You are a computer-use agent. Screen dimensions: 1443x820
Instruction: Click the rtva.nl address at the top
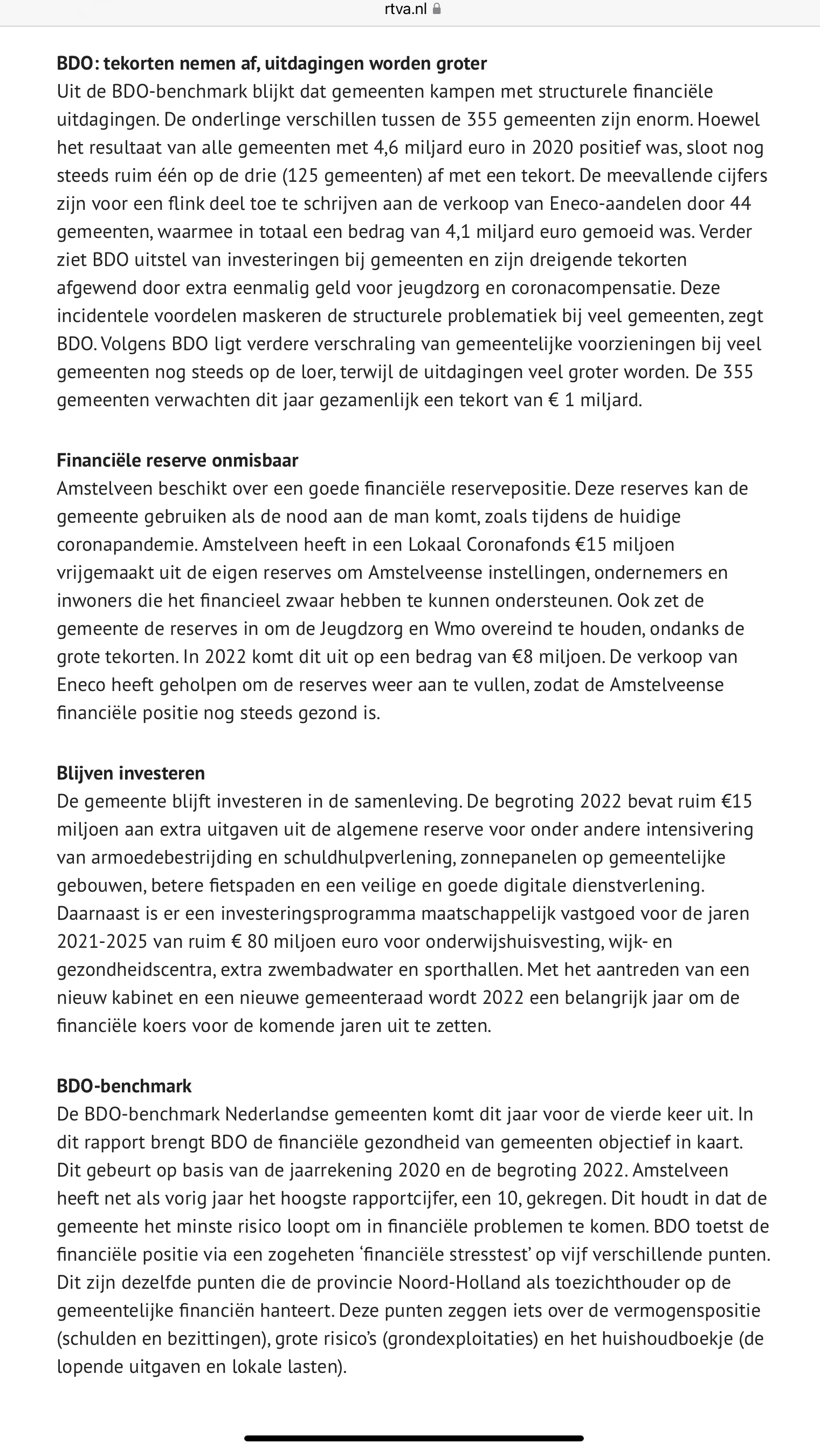point(405,9)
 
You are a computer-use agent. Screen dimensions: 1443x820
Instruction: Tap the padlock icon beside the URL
point(437,9)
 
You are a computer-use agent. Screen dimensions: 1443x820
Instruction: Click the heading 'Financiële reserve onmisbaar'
point(177,460)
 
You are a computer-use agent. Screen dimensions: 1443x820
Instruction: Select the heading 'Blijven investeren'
point(130,773)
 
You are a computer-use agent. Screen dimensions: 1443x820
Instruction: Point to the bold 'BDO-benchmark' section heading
point(124,1086)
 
